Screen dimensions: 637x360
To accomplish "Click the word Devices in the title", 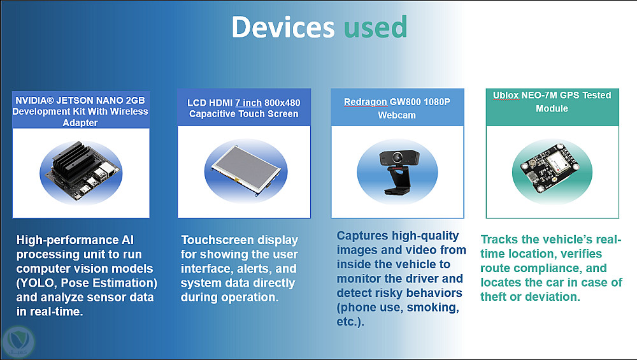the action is pos(283,27).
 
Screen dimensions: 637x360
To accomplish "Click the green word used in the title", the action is pos(375,27).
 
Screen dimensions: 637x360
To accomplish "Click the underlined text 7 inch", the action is pos(248,103).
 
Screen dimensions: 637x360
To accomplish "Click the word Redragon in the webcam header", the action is pos(366,101).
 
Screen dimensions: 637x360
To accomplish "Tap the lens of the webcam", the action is pos(396,157).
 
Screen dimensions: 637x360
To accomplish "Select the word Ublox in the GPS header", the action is pos(506,95).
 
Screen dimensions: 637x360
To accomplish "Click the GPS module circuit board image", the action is pos(552,168).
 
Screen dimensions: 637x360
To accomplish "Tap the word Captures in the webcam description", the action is pos(362,236).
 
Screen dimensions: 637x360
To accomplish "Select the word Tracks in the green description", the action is pos(499,240).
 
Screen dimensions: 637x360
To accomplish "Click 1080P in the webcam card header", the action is pos(437,101).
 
